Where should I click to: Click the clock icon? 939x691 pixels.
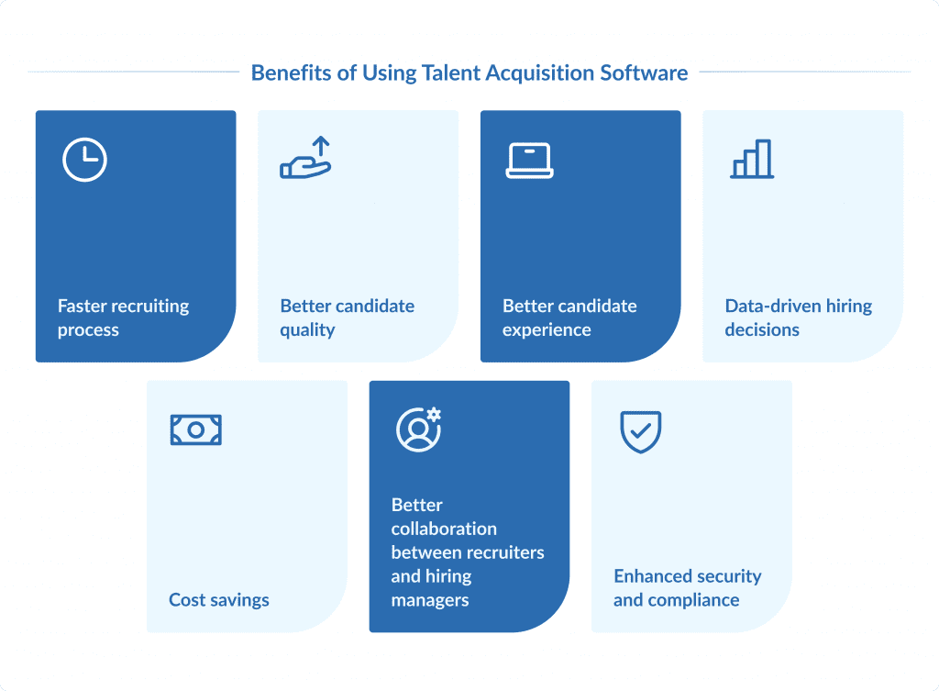[x=84, y=161]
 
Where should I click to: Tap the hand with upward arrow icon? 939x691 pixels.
[x=305, y=157]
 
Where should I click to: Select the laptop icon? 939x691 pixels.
[x=529, y=161]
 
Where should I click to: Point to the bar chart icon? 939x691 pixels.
[x=752, y=159]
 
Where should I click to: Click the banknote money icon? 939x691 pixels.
[x=196, y=429]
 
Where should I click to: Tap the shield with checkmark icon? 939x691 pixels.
[x=641, y=430]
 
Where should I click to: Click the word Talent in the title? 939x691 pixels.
[x=451, y=72]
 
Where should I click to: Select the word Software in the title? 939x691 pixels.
[x=644, y=72]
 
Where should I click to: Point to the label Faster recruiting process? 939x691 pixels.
[x=123, y=318]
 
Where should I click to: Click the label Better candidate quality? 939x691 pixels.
[x=347, y=318]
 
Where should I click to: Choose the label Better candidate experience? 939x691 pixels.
[x=569, y=318]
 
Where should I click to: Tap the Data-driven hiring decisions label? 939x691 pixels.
[x=798, y=318]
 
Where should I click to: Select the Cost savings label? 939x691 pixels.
[x=219, y=600]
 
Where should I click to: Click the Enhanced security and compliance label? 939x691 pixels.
[x=687, y=588]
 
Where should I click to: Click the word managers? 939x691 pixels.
[x=430, y=600]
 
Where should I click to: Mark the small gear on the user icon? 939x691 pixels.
[x=434, y=415]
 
